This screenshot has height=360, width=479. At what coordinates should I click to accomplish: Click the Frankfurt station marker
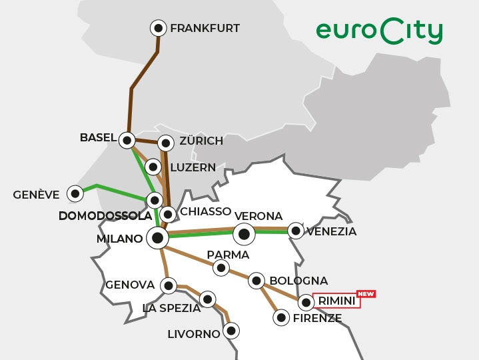[x=159, y=28]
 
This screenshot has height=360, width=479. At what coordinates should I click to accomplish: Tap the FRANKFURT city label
[x=205, y=29]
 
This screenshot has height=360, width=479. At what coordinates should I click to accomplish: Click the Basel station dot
[x=127, y=140]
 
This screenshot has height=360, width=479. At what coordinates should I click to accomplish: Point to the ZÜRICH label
[x=201, y=141]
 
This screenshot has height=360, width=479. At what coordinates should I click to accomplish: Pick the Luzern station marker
[x=153, y=167]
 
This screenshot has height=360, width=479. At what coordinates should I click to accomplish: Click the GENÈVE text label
[x=36, y=195]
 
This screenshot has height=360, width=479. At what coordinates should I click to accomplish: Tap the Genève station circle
[x=75, y=194]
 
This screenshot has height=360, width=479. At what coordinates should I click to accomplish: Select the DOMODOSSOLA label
[x=105, y=216]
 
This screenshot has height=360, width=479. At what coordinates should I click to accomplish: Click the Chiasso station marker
[x=169, y=214]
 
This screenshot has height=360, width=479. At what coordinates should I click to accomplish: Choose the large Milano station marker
[x=157, y=237]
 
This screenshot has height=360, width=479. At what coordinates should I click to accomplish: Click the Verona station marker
[x=244, y=234]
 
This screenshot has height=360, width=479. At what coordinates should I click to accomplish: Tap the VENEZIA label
[x=331, y=232]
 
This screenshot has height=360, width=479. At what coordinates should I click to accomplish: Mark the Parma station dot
[x=221, y=268]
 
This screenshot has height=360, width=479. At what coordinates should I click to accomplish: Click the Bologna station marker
[x=256, y=281]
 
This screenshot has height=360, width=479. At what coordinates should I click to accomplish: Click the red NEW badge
[x=366, y=293]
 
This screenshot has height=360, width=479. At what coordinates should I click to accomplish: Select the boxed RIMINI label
[x=336, y=302]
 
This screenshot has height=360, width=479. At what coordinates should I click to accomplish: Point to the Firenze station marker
[x=281, y=317]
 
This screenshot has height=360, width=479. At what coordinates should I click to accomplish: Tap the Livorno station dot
[x=231, y=330]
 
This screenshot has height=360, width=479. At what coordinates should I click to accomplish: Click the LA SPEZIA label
[x=171, y=308]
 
